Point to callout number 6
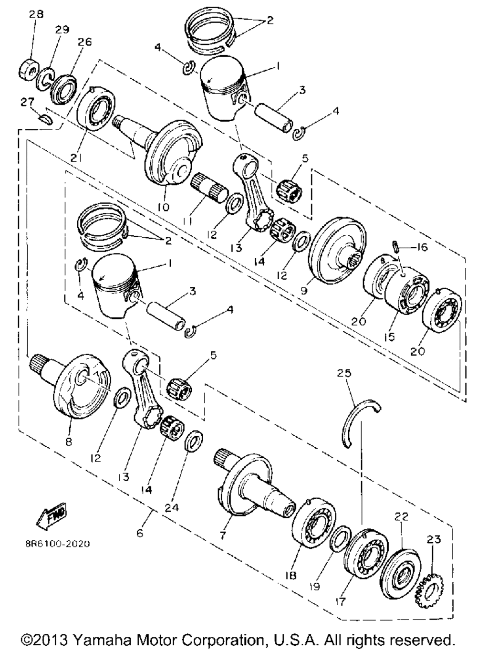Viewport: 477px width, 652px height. click(140, 533)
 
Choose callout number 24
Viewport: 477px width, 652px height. click(172, 508)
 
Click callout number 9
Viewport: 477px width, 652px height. click(304, 290)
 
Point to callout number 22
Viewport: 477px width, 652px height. click(402, 517)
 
